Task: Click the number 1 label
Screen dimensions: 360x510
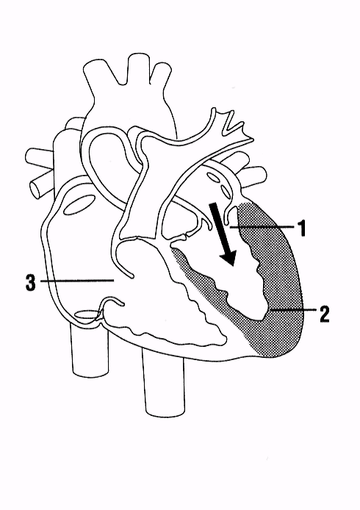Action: pyautogui.click(x=303, y=228)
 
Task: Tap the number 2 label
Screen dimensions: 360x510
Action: pyautogui.click(x=324, y=314)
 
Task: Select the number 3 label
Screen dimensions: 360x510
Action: pyautogui.click(x=31, y=282)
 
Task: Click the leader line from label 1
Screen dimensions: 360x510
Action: pyautogui.click(x=262, y=227)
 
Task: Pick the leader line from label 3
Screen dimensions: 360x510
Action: pyautogui.click(x=76, y=280)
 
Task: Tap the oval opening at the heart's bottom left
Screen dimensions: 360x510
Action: pyautogui.click(x=86, y=315)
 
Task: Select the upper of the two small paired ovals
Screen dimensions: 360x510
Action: pyautogui.click(x=215, y=179)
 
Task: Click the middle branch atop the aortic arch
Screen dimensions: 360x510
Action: pyautogui.click(x=138, y=68)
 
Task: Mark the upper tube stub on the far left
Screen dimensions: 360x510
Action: pyautogui.click(x=39, y=157)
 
